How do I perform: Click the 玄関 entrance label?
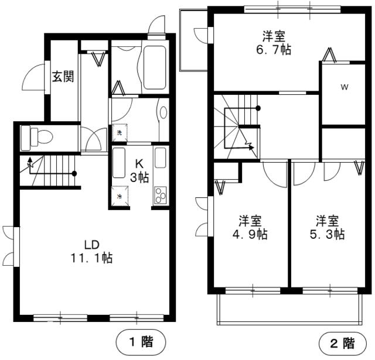click(x=62, y=77)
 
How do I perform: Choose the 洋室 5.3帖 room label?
click(x=329, y=228)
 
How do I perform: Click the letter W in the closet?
click(x=345, y=88)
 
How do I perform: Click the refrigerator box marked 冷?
click(x=120, y=196)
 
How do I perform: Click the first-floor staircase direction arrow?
click(x=30, y=166)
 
